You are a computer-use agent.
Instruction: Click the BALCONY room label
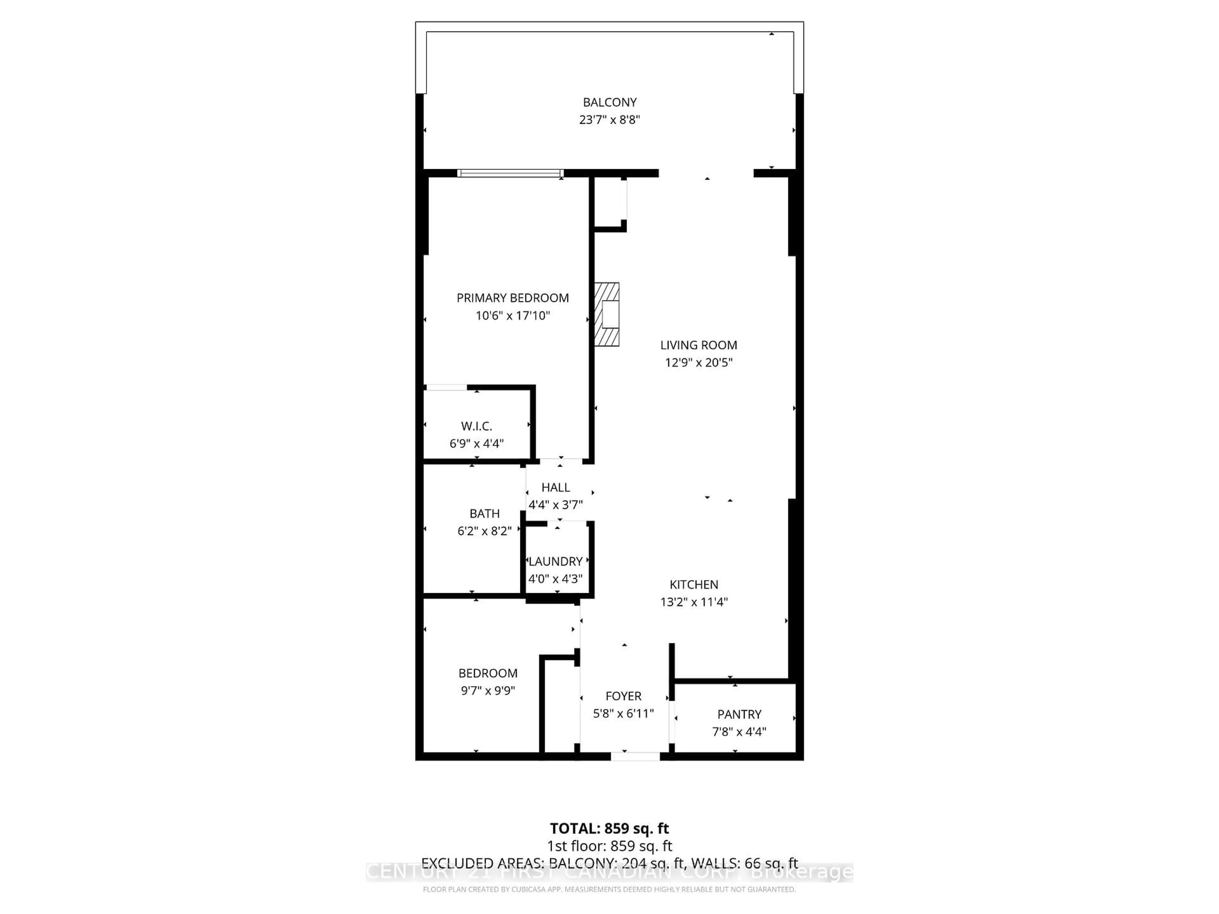[609, 103]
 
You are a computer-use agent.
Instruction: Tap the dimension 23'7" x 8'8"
[609, 120]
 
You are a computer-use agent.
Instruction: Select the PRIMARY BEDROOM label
[512, 298]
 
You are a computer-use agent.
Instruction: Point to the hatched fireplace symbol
[607, 315]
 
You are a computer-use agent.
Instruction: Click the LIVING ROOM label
[698, 345]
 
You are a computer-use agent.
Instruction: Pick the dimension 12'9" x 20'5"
[698, 362]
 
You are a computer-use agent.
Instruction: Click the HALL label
[556, 487]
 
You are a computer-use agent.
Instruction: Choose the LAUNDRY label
[556, 561]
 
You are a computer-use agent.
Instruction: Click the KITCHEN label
[694, 585]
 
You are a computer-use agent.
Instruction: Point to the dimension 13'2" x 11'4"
[694, 602]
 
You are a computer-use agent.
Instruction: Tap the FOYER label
[623, 696]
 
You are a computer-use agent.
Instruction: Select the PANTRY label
[739, 715]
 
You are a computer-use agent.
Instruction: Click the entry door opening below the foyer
[636, 757]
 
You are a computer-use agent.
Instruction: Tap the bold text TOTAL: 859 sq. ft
[609, 829]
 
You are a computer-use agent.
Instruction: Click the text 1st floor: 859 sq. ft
[609, 846]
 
